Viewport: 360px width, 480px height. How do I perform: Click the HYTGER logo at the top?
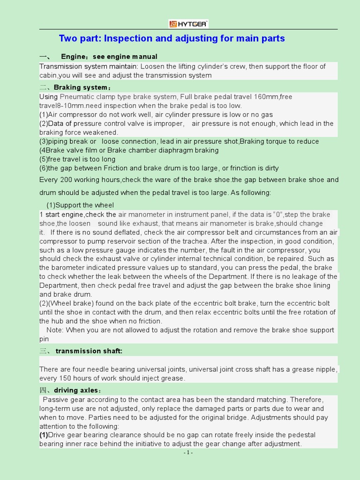(x=188, y=23)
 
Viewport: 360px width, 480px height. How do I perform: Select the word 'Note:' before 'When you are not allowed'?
(x=56, y=330)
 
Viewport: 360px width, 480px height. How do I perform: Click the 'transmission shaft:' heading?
(x=89, y=351)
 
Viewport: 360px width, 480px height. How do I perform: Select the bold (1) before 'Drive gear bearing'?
(x=44, y=435)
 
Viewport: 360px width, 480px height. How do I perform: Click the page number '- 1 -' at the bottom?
(x=188, y=453)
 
